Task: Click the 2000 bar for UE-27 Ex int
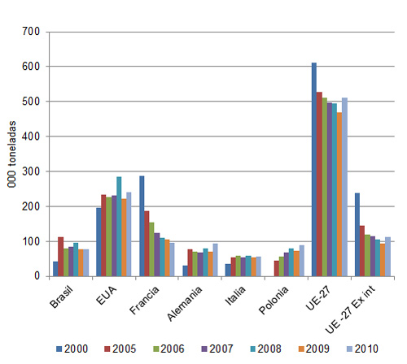357,235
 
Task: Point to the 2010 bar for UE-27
344,187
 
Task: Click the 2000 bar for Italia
229,270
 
